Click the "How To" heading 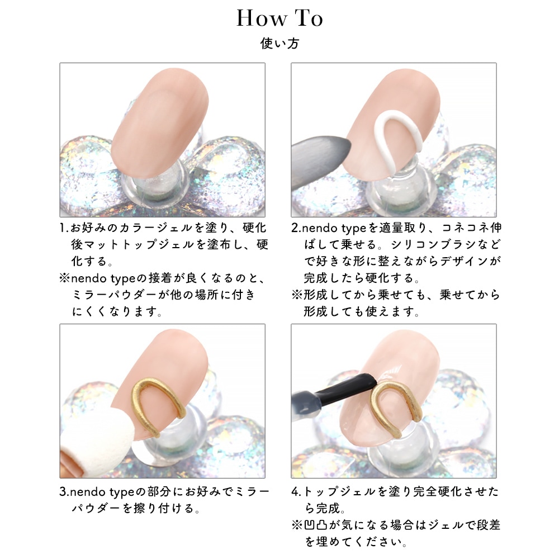(279, 18)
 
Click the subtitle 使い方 (279, 44)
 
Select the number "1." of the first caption (64, 228)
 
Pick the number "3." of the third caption (64, 492)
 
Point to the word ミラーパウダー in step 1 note (114, 295)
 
